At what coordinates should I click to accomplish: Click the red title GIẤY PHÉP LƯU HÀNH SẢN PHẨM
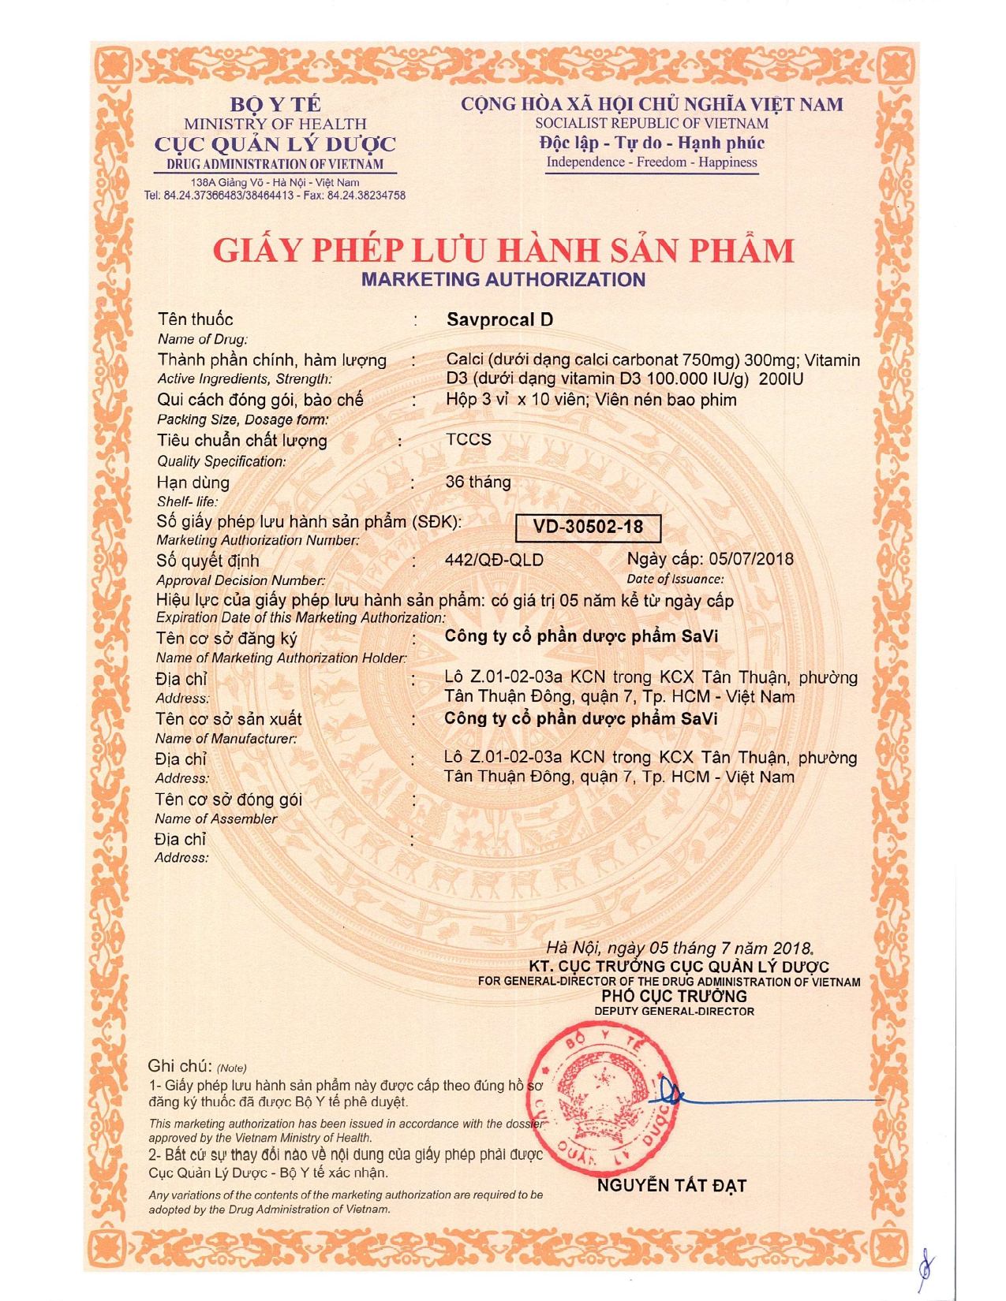[503, 251]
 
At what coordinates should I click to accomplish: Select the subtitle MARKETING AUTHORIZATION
[503, 280]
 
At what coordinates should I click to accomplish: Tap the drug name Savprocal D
[499, 319]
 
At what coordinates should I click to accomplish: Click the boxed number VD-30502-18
[588, 527]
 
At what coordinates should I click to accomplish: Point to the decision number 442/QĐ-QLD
[494, 560]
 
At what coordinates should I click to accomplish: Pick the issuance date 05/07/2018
[751, 559]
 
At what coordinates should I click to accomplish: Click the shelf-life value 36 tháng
[478, 482]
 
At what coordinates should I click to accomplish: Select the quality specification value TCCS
[468, 439]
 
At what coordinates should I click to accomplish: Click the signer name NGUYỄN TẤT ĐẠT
[671, 1185]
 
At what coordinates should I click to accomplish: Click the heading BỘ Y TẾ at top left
[275, 104]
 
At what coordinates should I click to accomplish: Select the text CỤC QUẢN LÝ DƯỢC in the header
[275, 144]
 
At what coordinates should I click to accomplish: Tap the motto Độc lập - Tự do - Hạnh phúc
[652, 143]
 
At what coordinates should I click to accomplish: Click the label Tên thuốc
[195, 319]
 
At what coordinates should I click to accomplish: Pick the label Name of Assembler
[215, 818]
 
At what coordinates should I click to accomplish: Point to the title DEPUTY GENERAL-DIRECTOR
[674, 1011]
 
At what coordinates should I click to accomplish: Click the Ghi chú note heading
[181, 1066]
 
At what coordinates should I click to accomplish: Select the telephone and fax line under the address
[275, 196]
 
